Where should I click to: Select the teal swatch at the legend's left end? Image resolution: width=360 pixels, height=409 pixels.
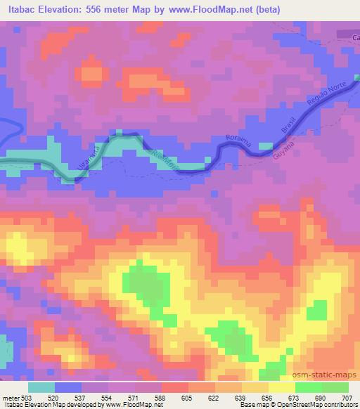pos(42,387)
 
